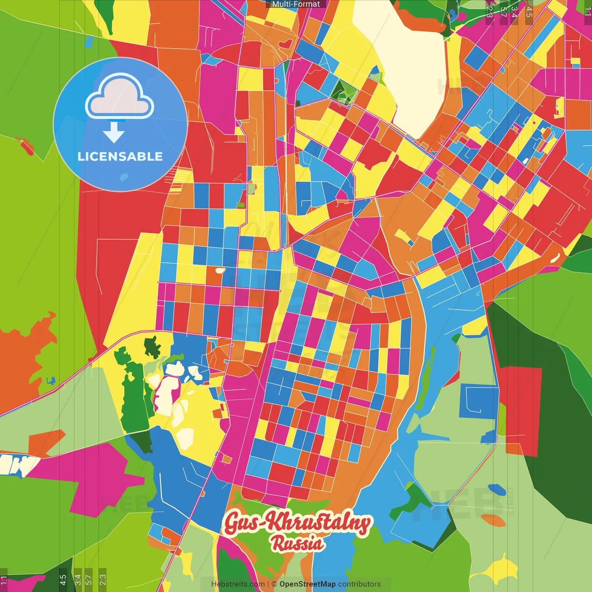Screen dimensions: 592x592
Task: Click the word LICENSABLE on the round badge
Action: tap(120, 156)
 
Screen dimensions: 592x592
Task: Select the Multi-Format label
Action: tap(296, 4)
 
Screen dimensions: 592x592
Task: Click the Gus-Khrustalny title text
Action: tap(297, 523)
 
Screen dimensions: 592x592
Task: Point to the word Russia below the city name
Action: tap(297, 543)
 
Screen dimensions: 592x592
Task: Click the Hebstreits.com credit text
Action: tap(238, 584)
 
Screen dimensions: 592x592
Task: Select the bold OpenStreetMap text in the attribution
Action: tap(307, 584)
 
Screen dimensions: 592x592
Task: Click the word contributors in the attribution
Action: tap(359, 584)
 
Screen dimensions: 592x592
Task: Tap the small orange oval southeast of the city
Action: tap(493, 520)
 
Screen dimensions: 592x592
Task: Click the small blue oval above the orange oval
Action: tap(496, 489)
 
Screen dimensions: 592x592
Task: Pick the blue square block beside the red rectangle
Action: tap(479, 400)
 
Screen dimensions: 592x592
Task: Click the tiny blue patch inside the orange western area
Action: tap(50, 381)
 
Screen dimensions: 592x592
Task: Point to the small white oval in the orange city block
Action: tap(220, 270)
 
